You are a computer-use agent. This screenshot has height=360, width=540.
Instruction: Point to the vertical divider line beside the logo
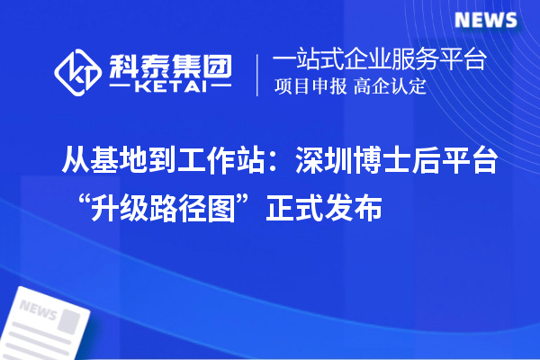tap(257, 74)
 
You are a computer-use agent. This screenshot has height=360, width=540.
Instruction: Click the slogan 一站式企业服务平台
tap(379, 60)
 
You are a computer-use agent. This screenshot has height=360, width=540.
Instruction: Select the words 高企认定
tap(390, 87)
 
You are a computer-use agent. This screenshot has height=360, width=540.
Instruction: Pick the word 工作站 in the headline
tap(220, 163)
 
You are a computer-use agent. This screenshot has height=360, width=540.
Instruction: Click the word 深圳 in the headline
tap(329, 163)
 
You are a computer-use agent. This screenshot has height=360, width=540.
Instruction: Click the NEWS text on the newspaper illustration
tap(36, 310)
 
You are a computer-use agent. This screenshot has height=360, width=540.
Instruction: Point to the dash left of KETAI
tap(121, 88)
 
